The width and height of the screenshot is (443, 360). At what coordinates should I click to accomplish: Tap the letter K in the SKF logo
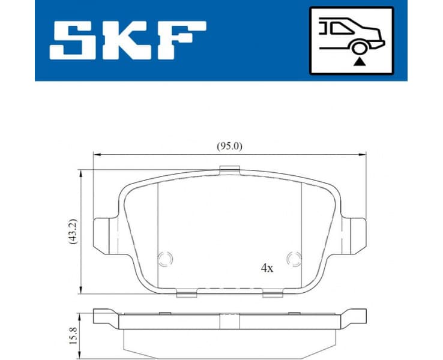[128, 40]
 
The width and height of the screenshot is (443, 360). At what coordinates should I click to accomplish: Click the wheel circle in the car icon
[359, 49]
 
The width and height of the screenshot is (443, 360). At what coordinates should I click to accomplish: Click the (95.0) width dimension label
[229, 146]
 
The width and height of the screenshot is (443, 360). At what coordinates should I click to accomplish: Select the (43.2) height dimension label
[73, 232]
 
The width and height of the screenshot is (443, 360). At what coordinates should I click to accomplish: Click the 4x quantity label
[267, 269]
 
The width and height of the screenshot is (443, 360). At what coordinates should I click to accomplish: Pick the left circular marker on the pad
[164, 259]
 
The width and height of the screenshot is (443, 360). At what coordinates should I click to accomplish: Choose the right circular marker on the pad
[294, 259]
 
